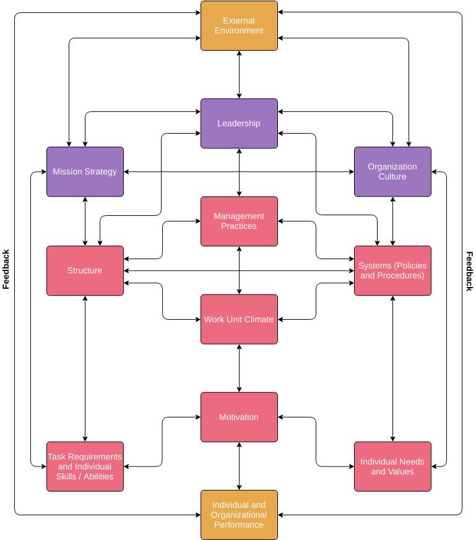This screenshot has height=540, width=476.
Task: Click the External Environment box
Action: (x=239, y=26)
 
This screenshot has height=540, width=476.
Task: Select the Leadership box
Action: (x=239, y=124)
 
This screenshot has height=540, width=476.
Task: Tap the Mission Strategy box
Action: (x=85, y=172)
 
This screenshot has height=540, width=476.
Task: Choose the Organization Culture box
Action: (x=392, y=172)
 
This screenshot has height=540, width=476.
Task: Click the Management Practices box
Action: (x=239, y=221)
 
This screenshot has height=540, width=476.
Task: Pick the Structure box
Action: (x=85, y=271)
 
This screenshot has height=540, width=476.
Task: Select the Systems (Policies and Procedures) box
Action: (x=392, y=271)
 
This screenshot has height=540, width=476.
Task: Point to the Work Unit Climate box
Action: (x=239, y=319)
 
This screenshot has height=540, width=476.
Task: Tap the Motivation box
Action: (x=239, y=417)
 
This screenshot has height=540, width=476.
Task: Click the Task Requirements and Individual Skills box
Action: (x=85, y=466)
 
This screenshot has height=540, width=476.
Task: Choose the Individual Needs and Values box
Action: (x=392, y=466)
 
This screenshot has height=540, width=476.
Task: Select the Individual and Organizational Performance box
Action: (x=239, y=515)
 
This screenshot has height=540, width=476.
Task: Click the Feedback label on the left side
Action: (x=6, y=270)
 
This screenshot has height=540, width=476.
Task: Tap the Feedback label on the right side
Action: (x=469, y=271)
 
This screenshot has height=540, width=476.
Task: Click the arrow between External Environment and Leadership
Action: (x=239, y=75)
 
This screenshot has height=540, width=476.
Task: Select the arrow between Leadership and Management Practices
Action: (x=239, y=173)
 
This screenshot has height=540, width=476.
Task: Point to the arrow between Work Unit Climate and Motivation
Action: (x=239, y=368)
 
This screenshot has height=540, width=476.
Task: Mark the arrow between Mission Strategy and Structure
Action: (x=85, y=221)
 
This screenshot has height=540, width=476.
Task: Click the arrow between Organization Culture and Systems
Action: (x=392, y=221)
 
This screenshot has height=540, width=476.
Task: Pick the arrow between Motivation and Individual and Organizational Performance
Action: (x=239, y=466)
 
